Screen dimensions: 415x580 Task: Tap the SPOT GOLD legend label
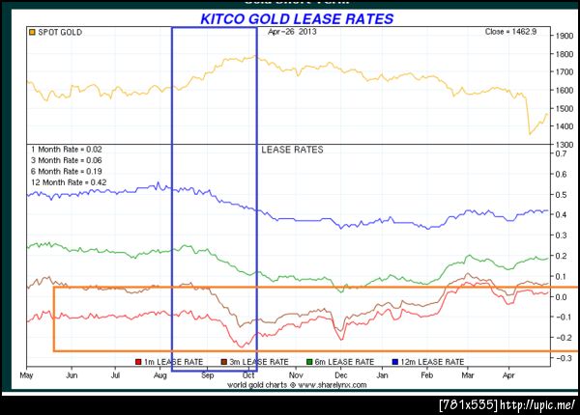(59, 33)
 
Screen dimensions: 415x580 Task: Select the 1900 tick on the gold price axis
(564, 36)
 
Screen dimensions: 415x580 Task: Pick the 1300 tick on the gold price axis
(564, 144)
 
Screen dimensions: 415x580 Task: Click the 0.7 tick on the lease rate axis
(562, 153)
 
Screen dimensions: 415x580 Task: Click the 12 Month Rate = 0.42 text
(67, 181)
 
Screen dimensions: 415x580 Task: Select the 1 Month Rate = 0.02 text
(65, 150)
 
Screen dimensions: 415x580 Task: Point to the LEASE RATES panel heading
(292, 151)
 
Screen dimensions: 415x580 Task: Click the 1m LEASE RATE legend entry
(174, 361)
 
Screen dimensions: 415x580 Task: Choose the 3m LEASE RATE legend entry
(257, 361)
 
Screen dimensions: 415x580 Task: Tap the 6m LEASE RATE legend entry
(340, 361)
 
